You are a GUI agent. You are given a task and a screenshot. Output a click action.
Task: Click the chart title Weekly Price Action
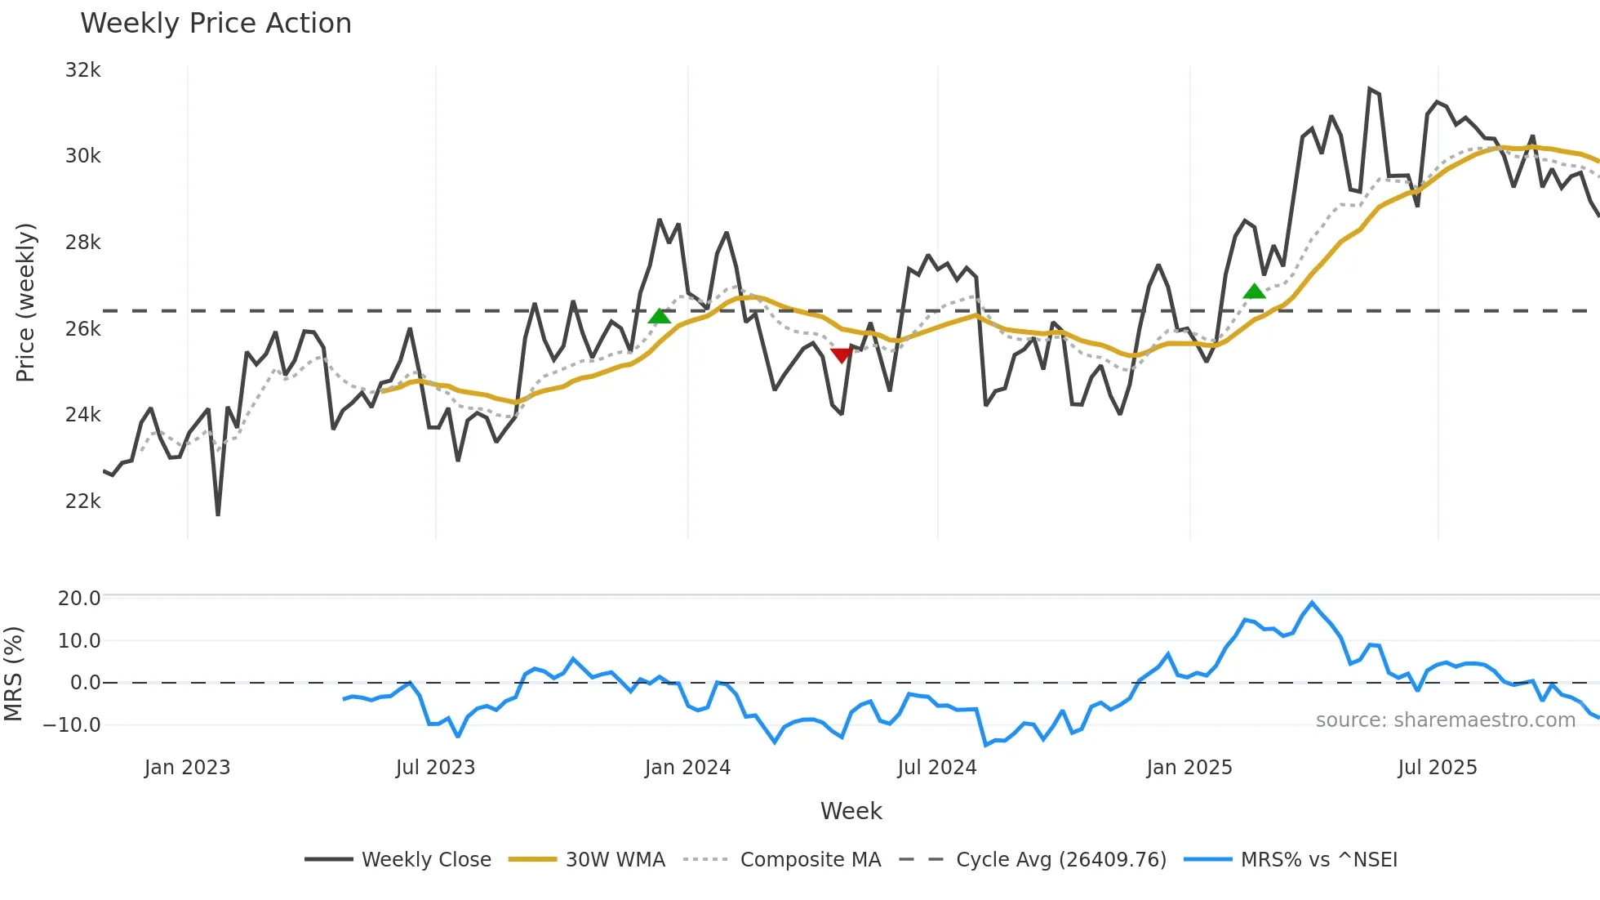click(216, 24)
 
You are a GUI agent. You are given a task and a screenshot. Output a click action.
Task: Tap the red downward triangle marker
click(841, 355)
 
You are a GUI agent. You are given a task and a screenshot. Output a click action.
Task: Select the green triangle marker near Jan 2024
click(660, 316)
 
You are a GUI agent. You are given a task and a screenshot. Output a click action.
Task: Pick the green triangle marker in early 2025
click(1254, 291)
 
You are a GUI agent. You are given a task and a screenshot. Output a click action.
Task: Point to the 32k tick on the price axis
click(82, 70)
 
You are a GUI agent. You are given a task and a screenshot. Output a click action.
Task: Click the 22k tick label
click(82, 501)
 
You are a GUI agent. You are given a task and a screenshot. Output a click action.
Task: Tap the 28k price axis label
click(82, 243)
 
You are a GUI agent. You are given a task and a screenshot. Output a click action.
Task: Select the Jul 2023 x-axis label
click(435, 768)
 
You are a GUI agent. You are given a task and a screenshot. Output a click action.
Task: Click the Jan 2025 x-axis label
click(1189, 768)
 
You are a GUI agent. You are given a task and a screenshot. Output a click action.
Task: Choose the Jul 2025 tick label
click(1437, 768)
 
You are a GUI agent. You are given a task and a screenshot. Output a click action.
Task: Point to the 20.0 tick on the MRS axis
click(79, 599)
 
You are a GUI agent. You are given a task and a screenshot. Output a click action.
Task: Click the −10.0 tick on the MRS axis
click(72, 725)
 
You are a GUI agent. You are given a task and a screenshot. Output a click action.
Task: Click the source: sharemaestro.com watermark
click(1445, 720)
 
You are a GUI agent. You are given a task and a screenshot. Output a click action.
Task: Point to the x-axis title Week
click(851, 811)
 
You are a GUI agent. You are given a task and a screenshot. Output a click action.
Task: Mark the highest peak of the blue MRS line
click(1312, 603)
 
